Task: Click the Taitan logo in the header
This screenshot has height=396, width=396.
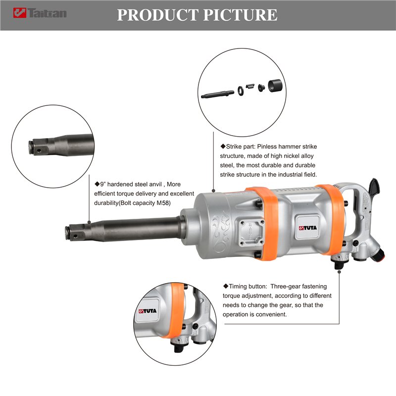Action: click(x=40, y=13)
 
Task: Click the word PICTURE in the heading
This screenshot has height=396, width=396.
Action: click(x=241, y=15)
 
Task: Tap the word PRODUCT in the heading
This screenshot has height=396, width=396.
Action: click(x=157, y=15)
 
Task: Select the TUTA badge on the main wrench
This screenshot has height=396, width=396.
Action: click(x=307, y=228)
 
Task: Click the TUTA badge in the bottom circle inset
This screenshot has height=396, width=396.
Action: click(x=148, y=311)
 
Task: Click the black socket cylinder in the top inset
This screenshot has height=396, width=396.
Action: click(x=276, y=86)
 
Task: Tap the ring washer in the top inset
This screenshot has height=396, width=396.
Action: click(x=241, y=91)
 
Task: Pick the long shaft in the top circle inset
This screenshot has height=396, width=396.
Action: click(x=217, y=94)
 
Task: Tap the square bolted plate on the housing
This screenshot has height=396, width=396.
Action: click(x=252, y=232)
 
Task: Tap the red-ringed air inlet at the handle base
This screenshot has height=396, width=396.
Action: click(x=378, y=253)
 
